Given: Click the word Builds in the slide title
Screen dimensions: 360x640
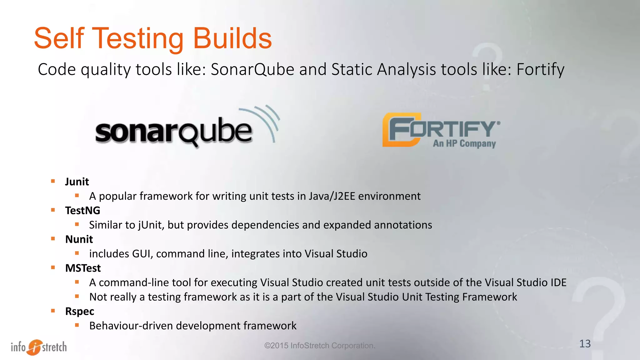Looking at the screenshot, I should pos(232,38).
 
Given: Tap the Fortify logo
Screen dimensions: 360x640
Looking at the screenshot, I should pos(441,130).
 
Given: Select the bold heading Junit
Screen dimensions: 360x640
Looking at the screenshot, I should pos(77,182).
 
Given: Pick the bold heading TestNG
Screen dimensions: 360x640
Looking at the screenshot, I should pos(82,211).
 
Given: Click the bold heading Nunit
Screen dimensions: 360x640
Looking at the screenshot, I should pos(79,239).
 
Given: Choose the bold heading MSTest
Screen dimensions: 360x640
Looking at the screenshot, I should pos(83,268).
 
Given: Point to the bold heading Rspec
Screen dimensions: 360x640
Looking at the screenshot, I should pos(79,311).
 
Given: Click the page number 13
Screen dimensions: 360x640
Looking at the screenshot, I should pos(585,344).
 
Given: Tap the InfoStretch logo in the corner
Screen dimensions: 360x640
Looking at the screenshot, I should pos(39,347).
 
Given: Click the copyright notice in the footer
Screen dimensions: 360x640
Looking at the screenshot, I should pos(320,346).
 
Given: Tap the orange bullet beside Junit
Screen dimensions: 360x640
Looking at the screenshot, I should pos(53,181).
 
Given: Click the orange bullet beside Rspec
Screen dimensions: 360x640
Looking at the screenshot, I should pos(53,311).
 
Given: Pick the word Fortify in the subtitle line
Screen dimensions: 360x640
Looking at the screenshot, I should pos(540,69).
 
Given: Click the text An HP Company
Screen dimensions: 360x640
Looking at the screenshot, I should pos(464,143).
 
